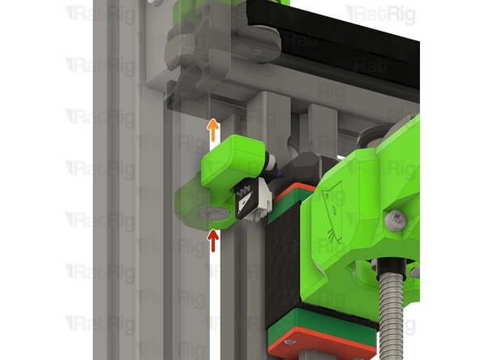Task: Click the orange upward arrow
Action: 212,128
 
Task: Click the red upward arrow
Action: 213,240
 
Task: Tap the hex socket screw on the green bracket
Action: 395,219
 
